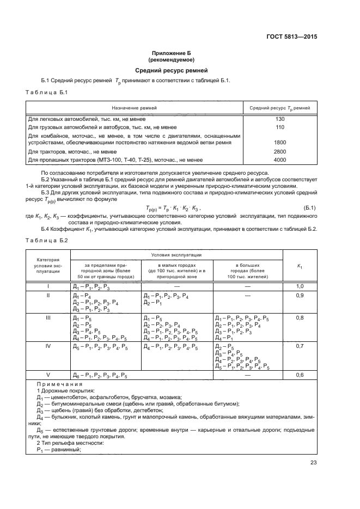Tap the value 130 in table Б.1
pos(280,119)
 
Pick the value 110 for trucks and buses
pos(280,127)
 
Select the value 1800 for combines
pos(280,143)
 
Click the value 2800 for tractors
pos(280,151)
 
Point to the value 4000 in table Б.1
pos(280,160)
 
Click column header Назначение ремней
pos(135,108)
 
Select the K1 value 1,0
pos(300,286)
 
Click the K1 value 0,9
pos(300,296)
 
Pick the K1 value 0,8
pos(300,317)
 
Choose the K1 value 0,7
pos(300,346)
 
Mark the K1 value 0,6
pos(300,375)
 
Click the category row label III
pos(48,317)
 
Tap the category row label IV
pos(48,346)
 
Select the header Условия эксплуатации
pos(176,255)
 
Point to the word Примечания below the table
pos(56,384)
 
